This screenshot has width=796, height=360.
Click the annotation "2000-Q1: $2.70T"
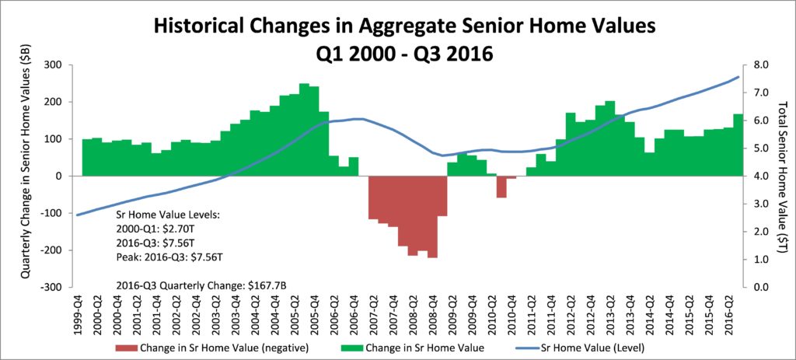click(148, 229)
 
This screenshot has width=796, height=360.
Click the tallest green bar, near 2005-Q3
click(304, 130)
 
